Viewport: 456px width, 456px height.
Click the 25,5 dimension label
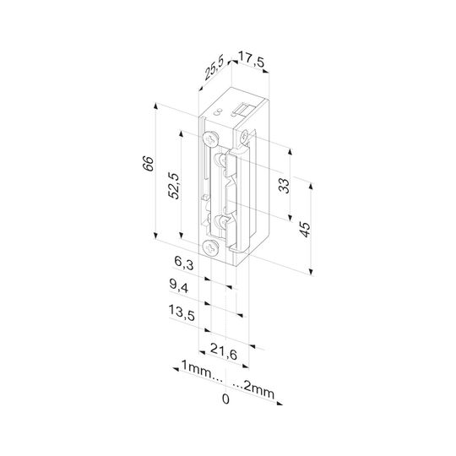pos(214,68)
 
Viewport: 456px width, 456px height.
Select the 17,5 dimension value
pos(252,61)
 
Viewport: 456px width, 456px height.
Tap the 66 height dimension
pos(148,164)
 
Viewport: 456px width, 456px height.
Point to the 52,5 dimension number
pos(174,186)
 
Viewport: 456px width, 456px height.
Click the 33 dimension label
pos(284,186)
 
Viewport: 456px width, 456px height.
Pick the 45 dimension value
pos(305,230)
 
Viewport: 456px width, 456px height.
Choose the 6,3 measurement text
pos(184,263)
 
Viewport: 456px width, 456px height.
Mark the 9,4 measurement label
pos(179,286)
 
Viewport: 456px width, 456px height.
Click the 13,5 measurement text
pos(182,313)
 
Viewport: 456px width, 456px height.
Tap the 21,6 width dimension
pos(224,351)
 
